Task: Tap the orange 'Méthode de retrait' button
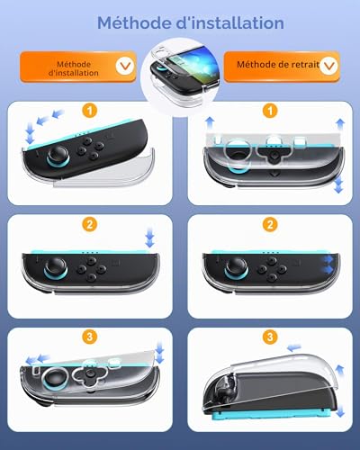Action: click(x=282, y=67)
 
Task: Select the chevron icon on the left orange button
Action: click(x=125, y=66)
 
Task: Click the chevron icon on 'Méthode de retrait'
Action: click(x=328, y=66)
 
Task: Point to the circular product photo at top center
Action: click(x=180, y=76)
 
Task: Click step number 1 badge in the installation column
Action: click(x=90, y=111)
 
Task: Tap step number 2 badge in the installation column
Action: click(x=90, y=224)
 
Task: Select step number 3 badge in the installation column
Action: click(x=90, y=337)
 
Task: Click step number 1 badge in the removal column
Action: click(x=270, y=111)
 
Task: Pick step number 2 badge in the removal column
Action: click(x=270, y=224)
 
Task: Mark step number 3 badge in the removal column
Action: click(x=270, y=337)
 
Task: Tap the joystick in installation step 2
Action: click(x=56, y=267)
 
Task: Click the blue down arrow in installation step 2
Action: click(x=149, y=238)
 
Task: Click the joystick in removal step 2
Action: click(x=237, y=267)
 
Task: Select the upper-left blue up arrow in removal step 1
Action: click(x=210, y=123)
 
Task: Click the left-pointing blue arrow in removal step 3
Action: click(x=293, y=348)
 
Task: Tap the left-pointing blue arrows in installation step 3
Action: click(x=37, y=359)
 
